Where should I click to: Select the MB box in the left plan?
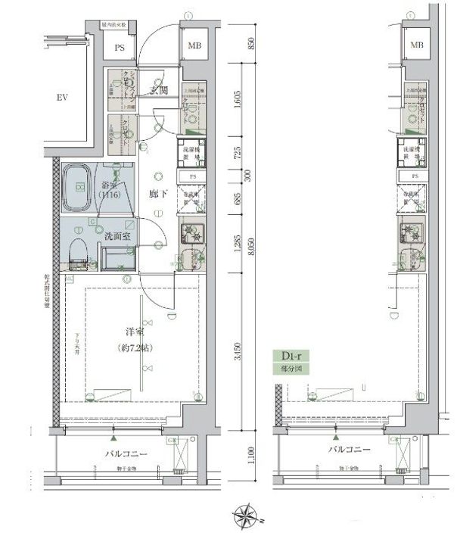point(194,47)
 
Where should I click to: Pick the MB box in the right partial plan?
point(416,46)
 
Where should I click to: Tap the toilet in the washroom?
point(77,251)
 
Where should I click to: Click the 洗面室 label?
point(117,235)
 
